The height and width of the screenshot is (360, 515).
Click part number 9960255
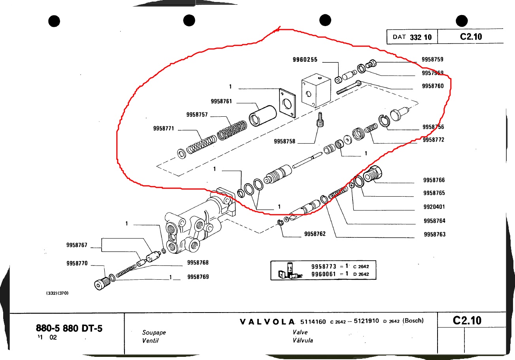pos(305,60)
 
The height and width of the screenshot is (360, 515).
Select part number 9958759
pos(432,60)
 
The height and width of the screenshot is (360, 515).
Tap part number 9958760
pos(432,86)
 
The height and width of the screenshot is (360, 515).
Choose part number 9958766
pos(434,180)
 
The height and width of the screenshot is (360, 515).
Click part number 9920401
pos(434,207)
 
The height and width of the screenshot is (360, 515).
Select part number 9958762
pos(315,234)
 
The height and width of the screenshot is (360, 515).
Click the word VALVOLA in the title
pos(268,321)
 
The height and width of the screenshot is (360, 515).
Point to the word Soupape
pos(154,332)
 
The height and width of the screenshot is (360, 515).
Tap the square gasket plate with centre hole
pos(288,103)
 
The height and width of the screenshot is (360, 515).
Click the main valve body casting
pos(194,225)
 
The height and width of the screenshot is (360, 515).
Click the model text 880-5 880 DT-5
pos(69,328)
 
